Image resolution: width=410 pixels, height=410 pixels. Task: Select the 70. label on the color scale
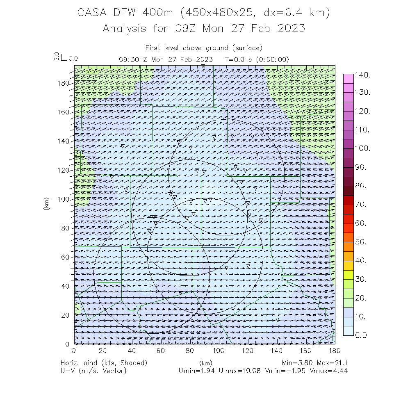(x=363, y=204)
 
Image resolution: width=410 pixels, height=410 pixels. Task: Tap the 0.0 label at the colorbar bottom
(x=363, y=335)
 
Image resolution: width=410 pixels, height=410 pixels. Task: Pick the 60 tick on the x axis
(x=161, y=351)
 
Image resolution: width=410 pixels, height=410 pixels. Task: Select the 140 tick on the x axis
(x=277, y=351)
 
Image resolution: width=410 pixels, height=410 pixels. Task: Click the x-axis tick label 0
(x=74, y=351)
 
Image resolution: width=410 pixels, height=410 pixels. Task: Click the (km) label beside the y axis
(x=47, y=203)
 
